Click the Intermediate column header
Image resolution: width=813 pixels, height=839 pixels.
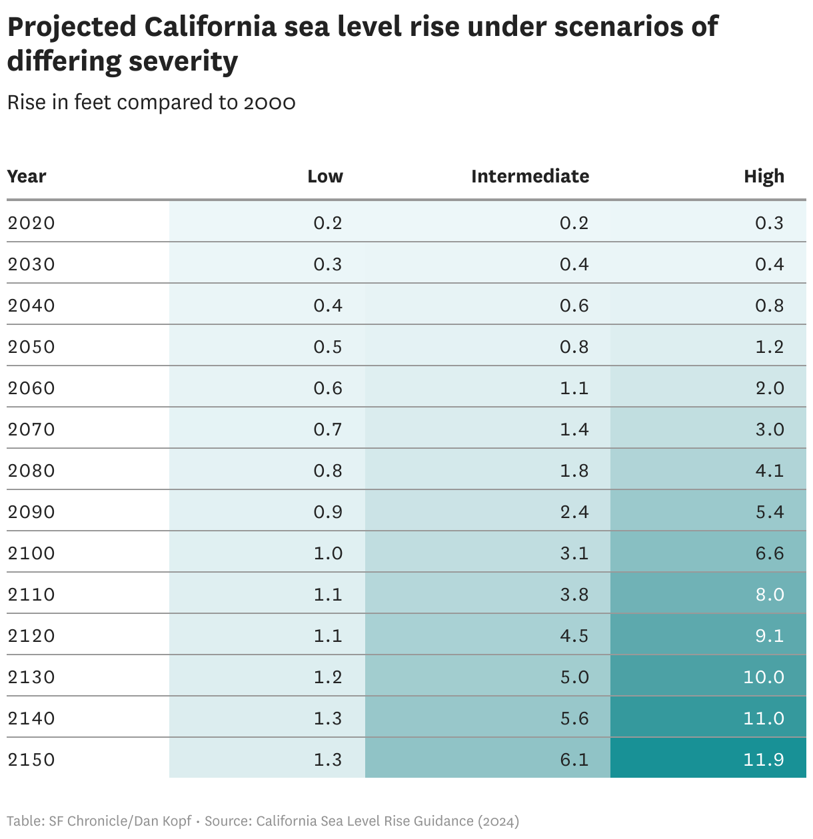[x=530, y=176]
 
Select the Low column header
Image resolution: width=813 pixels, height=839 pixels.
[x=325, y=176]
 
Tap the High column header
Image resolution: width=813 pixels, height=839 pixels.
[x=764, y=176]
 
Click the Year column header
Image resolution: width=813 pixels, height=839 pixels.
[x=27, y=176]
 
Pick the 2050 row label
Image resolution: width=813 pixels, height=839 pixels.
[x=31, y=347]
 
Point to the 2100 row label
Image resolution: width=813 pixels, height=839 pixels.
[x=31, y=553]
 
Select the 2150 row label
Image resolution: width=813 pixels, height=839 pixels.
[x=31, y=760]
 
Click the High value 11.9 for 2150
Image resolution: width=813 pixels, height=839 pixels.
[x=763, y=760]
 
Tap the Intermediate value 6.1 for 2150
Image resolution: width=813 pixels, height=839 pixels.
[x=574, y=760]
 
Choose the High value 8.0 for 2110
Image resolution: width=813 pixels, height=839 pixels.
[x=769, y=595]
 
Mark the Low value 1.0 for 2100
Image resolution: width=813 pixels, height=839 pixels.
[x=328, y=553]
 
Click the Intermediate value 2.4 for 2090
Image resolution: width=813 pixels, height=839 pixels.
[x=574, y=512]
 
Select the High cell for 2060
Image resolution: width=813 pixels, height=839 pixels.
[x=769, y=388]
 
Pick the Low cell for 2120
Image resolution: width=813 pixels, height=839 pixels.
[x=328, y=636]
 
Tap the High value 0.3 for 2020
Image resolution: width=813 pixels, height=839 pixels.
[x=769, y=223]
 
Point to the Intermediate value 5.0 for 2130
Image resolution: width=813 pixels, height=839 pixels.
[x=574, y=677]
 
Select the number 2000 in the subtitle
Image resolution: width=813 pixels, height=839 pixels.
[x=269, y=103]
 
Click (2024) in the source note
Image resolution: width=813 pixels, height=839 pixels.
[x=498, y=821]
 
